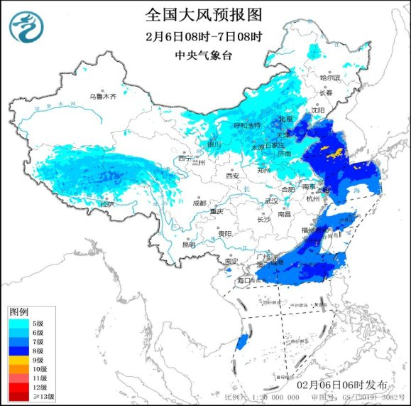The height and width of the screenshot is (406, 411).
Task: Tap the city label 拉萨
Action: click(x=106, y=204)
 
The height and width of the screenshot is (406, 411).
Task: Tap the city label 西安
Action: click(x=233, y=176)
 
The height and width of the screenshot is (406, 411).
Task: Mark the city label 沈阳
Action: click(x=317, y=110)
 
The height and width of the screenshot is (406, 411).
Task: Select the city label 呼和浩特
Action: click(x=248, y=125)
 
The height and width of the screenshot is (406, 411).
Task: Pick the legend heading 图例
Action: click(x=18, y=312)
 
